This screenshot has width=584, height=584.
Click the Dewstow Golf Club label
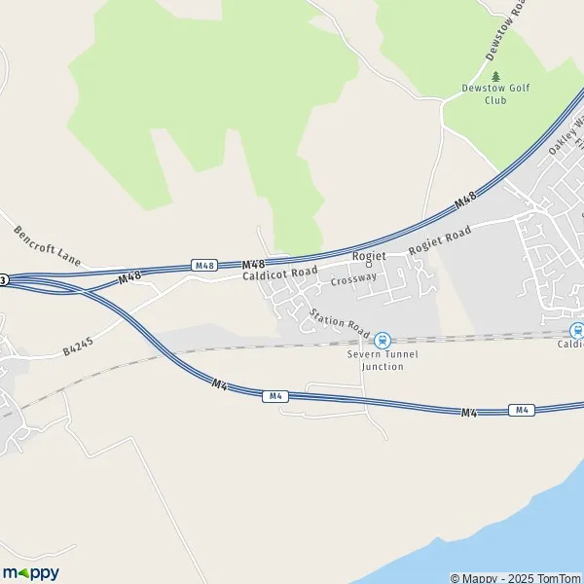coord(496,93)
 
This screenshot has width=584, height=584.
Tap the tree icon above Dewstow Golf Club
coord(496,76)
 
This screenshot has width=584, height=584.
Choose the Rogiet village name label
coord(369,255)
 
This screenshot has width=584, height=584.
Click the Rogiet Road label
coord(440,240)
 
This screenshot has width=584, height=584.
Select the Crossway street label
coord(352,279)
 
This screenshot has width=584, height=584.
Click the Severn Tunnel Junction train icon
coord(382,340)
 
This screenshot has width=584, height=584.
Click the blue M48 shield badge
coord(203,265)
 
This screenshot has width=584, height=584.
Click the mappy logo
coord(31,572)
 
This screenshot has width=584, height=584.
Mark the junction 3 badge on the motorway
coord(4,279)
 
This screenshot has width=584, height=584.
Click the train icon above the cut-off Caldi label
coord(577,330)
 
